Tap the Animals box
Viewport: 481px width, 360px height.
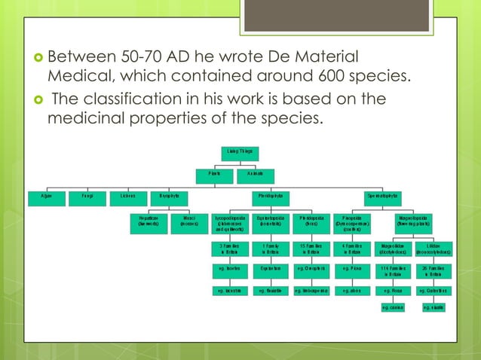tap(254, 174)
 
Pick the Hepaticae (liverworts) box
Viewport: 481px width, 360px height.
tap(147, 221)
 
